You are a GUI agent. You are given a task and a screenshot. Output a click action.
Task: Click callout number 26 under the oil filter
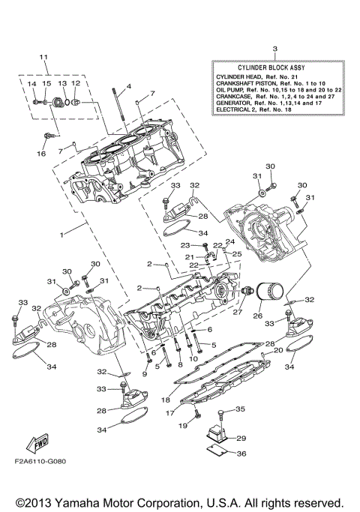[x=257, y=316]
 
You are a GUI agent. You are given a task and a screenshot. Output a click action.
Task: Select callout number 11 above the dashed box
[x=43, y=57]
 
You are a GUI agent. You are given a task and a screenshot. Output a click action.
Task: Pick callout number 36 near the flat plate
[x=241, y=454]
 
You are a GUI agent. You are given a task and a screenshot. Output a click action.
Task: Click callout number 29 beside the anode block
[x=241, y=438]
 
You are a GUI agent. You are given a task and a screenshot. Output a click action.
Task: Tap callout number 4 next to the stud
[x=128, y=86]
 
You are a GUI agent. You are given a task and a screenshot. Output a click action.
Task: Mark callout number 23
[x=184, y=245]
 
